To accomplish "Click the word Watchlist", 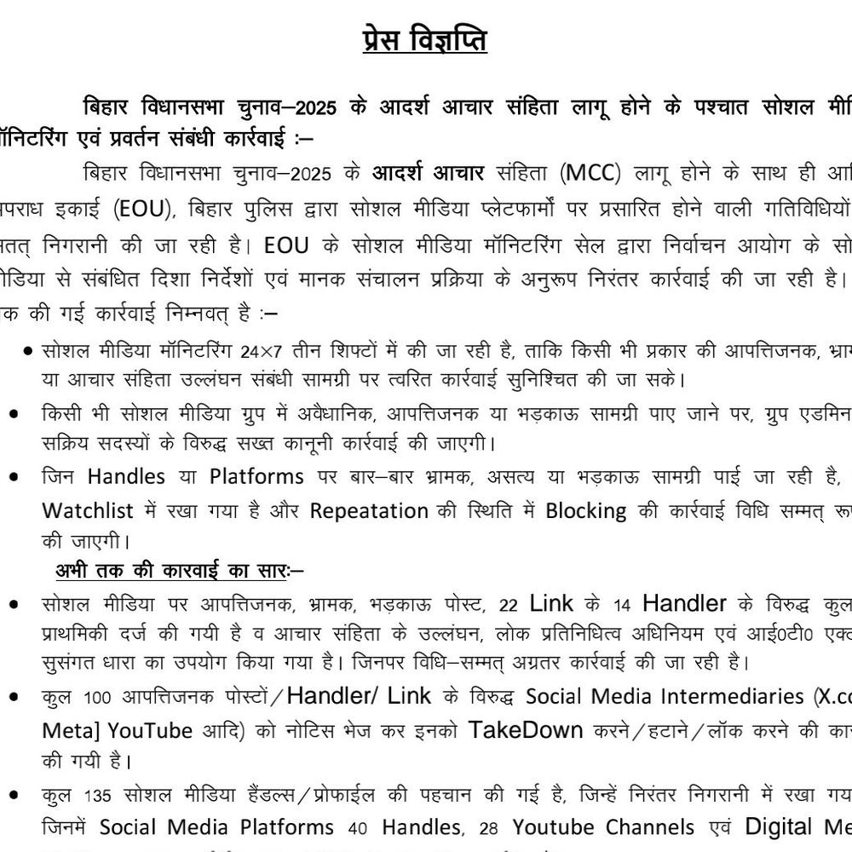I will click(x=88, y=511).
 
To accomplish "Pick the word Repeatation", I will click(x=369, y=511).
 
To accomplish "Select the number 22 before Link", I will click(x=509, y=606).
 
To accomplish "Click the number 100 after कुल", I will click(x=96, y=698).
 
